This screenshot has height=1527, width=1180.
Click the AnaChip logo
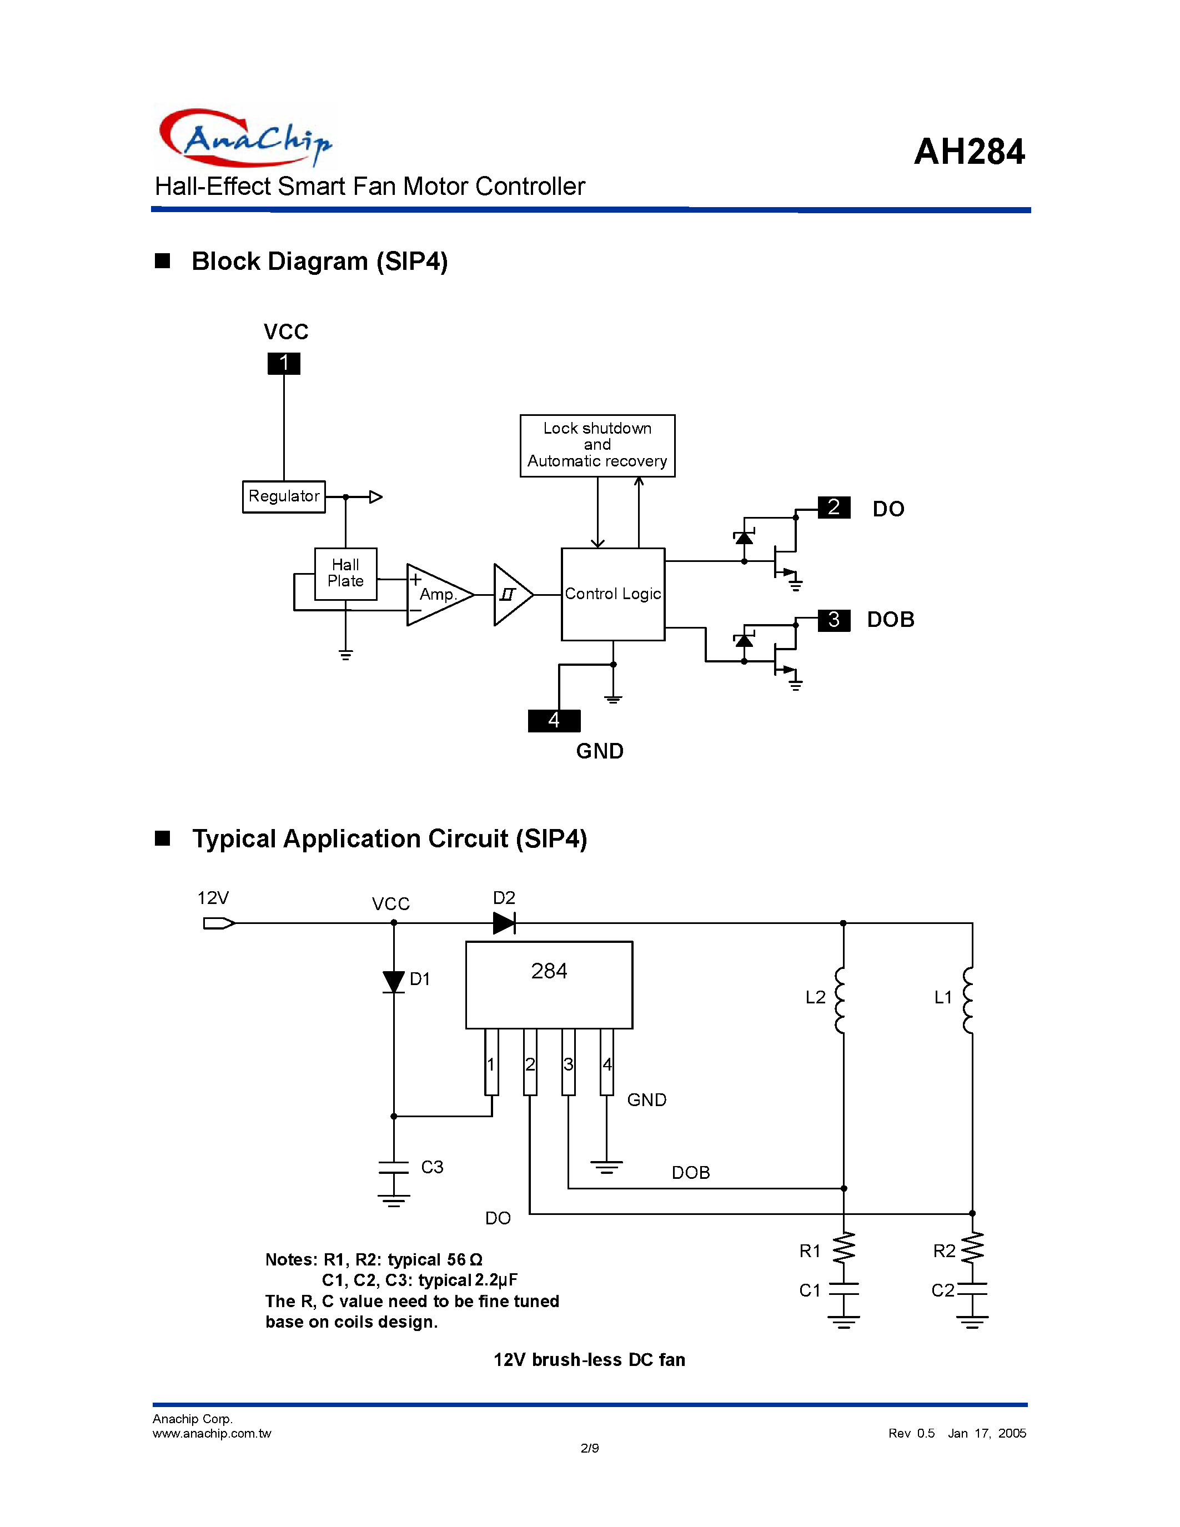pyautogui.click(x=245, y=138)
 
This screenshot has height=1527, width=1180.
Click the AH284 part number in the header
pyautogui.click(x=969, y=152)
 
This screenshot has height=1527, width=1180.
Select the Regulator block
pyautogui.click(x=284, y=496)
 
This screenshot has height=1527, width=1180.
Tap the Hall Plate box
pyautogui.click(x=345, y=574)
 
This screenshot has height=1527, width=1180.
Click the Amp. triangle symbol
pyautogui.click(x=436, y=594)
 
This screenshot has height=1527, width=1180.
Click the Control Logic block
pyautogui.click(x=612, y=594)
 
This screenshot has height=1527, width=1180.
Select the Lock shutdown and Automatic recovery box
pyautogui.click(x=597, y=445)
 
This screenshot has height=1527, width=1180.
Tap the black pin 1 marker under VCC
pyautogui.click(x=284, y=363)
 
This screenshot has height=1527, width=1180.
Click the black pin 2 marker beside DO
pyautogui.click(x=833, y=507)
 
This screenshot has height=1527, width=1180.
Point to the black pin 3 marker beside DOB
pyautogui.click(x=833, y=620)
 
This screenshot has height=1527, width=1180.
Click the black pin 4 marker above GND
pyautogui.click(x=554, y=720)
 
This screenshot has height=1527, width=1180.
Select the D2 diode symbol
pyautogui.click(x=504, y=923)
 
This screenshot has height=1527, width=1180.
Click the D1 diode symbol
pyautogui.click(x=394, y=981)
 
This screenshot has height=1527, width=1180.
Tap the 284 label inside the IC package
pyautogui.click(x=549, y=971)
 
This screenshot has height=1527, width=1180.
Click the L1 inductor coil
pyautogui.click(x=968, y=1000)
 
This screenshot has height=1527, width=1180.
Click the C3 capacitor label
pyautogui.click(x=432, y=1167)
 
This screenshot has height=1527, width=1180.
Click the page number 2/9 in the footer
pyautogui.click(x=589, y=1448)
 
